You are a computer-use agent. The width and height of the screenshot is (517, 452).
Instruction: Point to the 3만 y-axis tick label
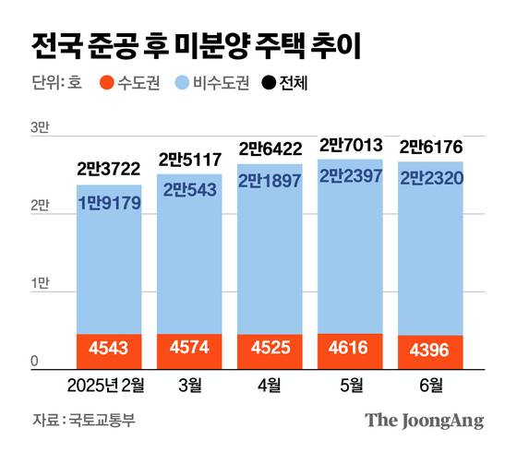(x=41, y=127)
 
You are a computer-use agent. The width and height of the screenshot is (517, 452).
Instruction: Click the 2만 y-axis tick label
(x=41, y=208)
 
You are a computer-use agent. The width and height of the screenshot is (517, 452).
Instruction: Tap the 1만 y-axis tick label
(x=41, y=288)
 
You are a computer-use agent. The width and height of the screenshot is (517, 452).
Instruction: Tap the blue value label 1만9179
(x=109, y=201)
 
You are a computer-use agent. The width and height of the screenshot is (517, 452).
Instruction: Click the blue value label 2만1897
(x=269, y=181)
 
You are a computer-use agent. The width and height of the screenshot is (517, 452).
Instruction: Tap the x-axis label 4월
(x=269, y=385)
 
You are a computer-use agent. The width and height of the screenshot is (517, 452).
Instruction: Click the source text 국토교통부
(x=102, y=421)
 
